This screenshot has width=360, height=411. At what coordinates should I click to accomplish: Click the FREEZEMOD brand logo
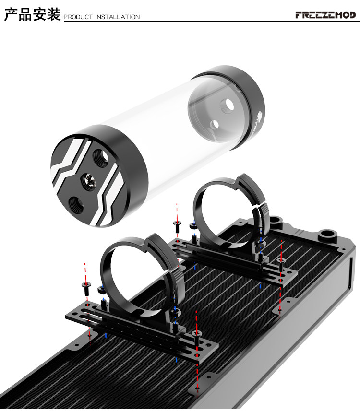tap(325, 15)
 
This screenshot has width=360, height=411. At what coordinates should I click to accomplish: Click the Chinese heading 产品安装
tap(33, 14)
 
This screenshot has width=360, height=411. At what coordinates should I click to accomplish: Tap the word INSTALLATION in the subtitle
tap(117, 17)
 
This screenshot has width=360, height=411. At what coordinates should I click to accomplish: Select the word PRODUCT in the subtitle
tap(78, 17)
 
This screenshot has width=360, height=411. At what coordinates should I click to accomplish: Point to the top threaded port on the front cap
tap(101, 158)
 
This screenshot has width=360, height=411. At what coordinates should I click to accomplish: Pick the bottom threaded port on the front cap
tap(76, 205)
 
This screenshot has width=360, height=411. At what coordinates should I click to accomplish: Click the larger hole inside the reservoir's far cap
tap(228, 105)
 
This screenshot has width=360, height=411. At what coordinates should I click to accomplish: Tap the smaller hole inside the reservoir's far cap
tap(215, 124)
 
